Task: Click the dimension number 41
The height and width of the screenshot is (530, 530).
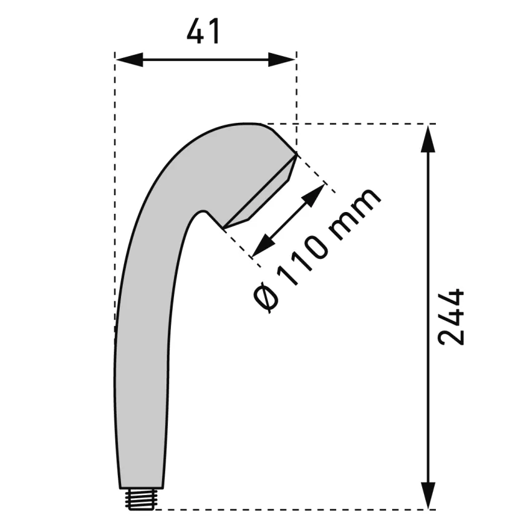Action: [203, 31]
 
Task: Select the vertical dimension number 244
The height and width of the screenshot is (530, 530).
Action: [451, 317]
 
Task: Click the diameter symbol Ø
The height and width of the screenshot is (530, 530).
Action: [267, 299]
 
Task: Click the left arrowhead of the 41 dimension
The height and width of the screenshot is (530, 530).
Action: [129, 60]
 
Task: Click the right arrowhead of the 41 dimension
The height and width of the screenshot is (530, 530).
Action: [282, 60]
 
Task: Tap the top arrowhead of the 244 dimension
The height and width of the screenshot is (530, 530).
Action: [428, 139]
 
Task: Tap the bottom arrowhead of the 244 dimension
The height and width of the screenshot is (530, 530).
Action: [428, 495]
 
